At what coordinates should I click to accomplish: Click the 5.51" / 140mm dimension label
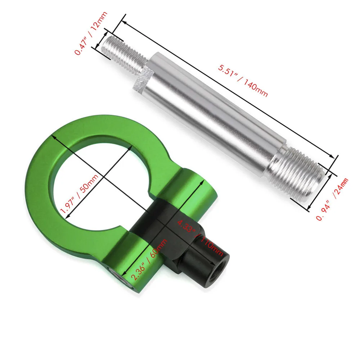tap(243, 81)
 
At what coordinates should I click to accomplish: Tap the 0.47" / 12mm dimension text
tap(91, 33)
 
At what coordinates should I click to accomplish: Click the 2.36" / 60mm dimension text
tap(149, 260)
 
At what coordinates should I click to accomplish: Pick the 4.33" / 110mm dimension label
tap(200, 238)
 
